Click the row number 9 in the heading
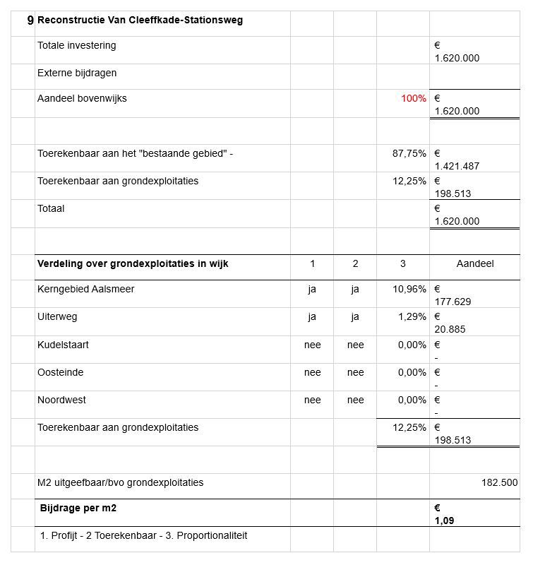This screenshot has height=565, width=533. [30, 20]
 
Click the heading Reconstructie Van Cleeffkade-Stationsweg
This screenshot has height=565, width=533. [140, 20]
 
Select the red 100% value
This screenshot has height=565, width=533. [413, 99]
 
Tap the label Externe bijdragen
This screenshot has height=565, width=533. [77, 73]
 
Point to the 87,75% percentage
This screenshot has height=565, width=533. [409, 153]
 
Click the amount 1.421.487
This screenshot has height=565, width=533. [457, 166]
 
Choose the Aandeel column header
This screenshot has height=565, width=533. [474, 264]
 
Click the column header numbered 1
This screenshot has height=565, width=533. [312, 264]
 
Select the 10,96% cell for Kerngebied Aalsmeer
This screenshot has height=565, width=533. [409, 289]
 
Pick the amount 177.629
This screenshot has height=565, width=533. [453, 302]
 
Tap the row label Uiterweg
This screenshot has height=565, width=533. [57, 317]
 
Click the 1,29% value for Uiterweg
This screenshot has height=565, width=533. [412, 317]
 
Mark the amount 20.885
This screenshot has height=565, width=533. [450, 329]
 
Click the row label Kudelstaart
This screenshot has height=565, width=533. [63, 345]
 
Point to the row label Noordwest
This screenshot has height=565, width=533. [61, 400]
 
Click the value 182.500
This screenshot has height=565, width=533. [499, 483]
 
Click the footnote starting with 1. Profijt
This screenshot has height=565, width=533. [143, 535]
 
